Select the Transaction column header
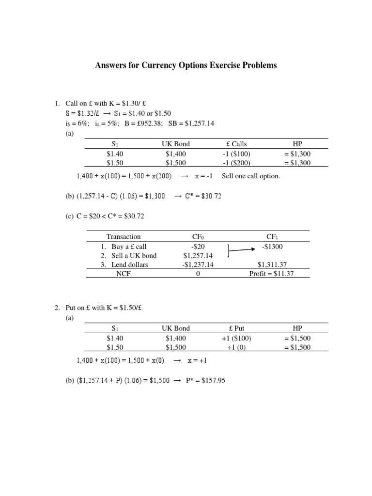point(124,237)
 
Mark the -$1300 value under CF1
point(272,247)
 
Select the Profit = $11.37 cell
point(271,274)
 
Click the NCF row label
point(124,274)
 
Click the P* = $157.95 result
point(206,381)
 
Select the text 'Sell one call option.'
point(251,176)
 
